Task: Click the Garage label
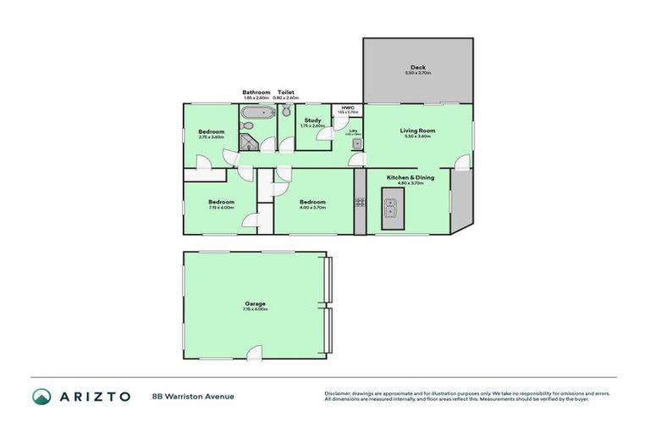(255, 303)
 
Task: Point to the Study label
(312, 120)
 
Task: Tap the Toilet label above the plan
(286, 92)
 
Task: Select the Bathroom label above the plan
(256, 92)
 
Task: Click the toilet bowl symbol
(286, 112)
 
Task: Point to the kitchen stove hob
(360, 203)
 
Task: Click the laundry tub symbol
(357, 145)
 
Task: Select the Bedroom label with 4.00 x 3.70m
(312, 202)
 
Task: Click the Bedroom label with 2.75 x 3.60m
(212, 131)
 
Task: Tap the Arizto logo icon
(41, 396)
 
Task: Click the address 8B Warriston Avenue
(193, 396)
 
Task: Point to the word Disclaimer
(338, 393)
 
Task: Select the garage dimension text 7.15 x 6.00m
(255, 309)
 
